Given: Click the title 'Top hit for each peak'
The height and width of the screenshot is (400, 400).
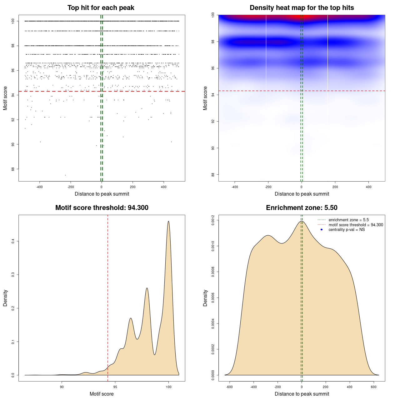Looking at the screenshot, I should tap(101, 8).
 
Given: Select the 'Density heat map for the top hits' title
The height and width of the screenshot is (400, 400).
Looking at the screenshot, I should tap(302, 8).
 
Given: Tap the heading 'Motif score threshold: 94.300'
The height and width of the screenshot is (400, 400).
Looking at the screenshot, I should tap(102, 208).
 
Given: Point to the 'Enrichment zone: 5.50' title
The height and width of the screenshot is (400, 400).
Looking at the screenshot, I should tap(302, 208).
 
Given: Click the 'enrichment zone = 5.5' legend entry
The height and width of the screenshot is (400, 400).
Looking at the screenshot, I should tap(348, 220).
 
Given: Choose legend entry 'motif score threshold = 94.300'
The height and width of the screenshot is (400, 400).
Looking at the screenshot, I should tap(356, 225).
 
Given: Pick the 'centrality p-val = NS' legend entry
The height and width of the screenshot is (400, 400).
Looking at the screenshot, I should tap(347, 230).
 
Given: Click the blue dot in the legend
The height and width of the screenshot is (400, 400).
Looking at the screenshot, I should tap(322, 230).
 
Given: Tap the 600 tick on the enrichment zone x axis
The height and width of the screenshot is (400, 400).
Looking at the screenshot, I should tap(374, 387).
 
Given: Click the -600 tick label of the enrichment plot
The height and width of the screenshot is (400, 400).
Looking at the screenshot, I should tap(229, 387).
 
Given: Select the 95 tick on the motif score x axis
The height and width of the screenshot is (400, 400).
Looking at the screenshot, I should tap(115, 387).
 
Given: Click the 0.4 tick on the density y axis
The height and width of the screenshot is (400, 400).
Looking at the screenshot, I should tap(13, 241).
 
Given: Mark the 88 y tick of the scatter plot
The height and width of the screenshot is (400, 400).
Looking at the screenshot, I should tap(13, 169).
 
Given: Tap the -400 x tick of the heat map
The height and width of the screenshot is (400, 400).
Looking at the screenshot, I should tap(234, 187).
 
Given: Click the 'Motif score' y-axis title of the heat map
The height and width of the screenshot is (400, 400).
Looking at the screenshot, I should tap(205, 98).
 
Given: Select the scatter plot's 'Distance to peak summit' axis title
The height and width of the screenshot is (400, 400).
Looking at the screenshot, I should tap(102, 194).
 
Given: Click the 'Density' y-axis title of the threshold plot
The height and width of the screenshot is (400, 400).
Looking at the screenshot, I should tap(5, 298).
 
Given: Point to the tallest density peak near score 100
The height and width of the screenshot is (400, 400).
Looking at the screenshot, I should tap(168, 222).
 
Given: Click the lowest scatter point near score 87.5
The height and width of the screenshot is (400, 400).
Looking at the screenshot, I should tap(65, 175).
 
